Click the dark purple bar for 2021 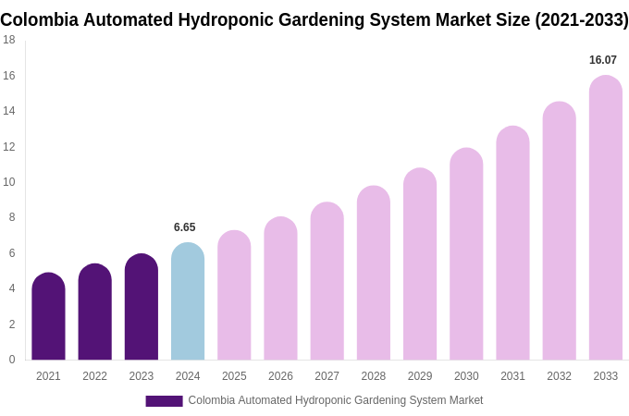(48, 318)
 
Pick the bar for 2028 (373, 275)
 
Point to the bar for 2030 (466, 256)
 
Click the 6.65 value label (185, 227)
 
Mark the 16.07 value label (603, 60)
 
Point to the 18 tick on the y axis (9, 40)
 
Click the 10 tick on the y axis (9, 182)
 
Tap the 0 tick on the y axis (12, 360)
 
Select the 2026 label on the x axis (280, 376)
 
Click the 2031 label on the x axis (512, 376)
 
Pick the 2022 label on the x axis (94, 376)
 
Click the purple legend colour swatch (164, 401)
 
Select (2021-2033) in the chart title (582, 19)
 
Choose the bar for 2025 (234, 297)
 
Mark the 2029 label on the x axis (420, 376)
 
